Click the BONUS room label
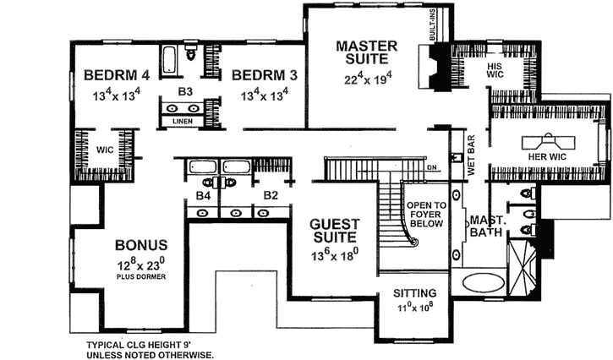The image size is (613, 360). pyautogui.click(x=140, y=246)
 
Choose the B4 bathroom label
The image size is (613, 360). pyautogui.click(x=202, y=196)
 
